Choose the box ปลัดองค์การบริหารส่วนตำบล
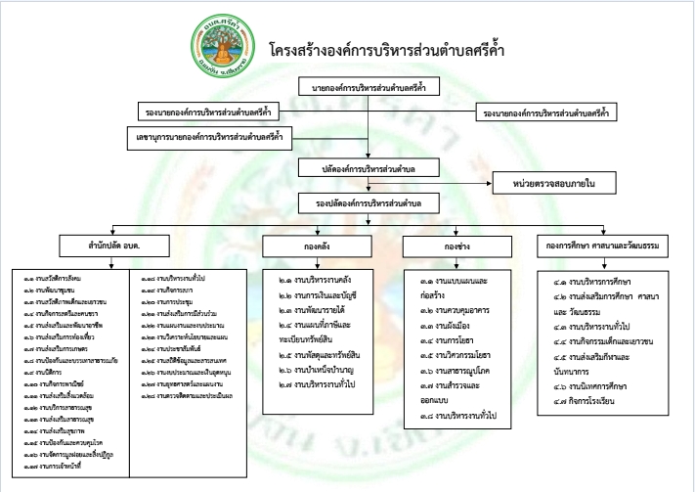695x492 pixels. (x=367, y=168)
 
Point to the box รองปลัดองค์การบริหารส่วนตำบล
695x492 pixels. (x=367, y=202)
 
